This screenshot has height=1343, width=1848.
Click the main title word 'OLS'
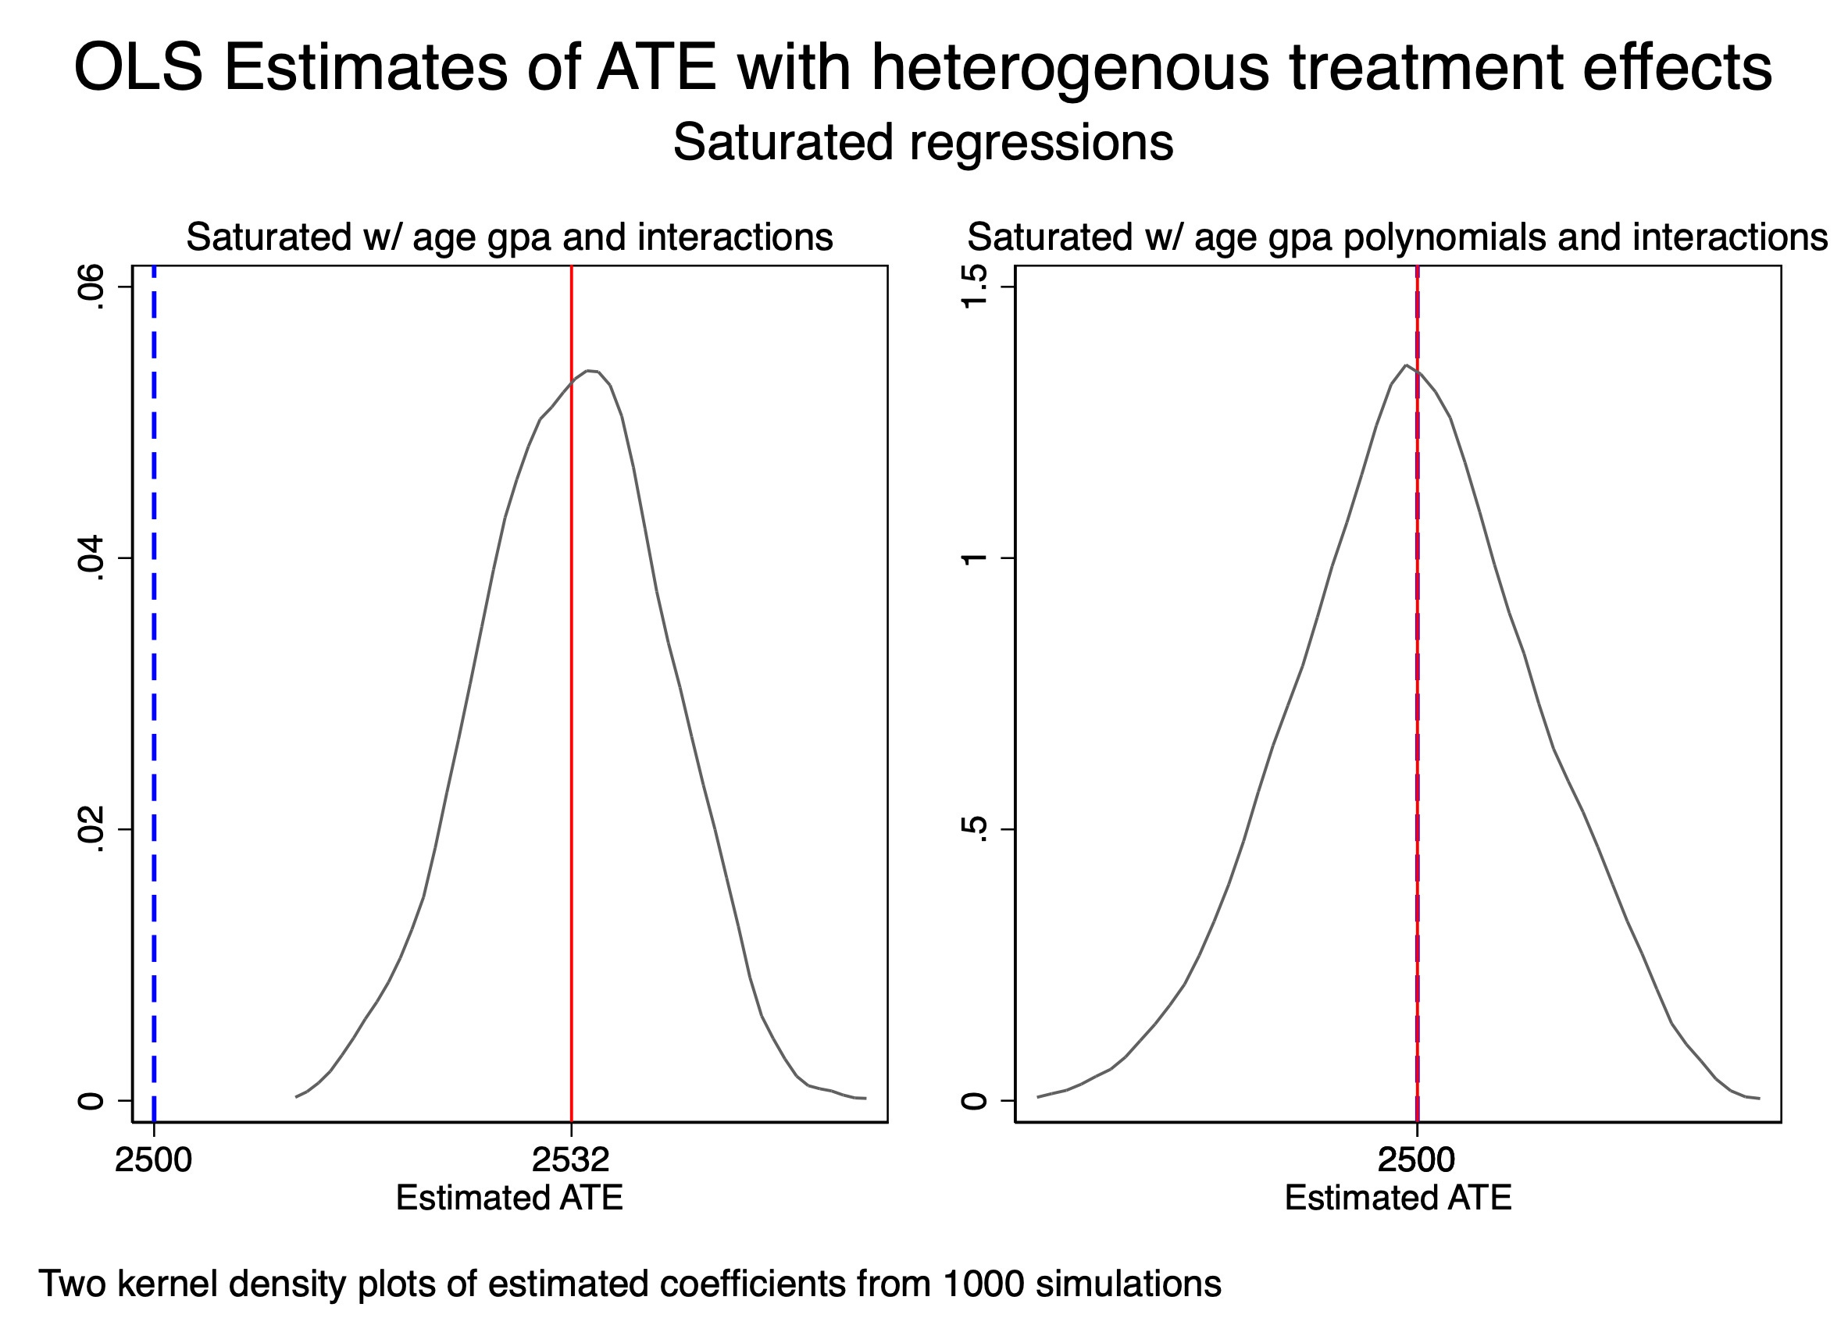[x=137, y=68]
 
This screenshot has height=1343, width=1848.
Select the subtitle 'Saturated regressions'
[x=922, y=143]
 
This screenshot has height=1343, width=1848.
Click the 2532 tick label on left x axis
[x=570, y=1160]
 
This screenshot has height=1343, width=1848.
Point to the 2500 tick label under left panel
[x=153, y=1160]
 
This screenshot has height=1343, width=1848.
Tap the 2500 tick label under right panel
[x=1416, y=1160]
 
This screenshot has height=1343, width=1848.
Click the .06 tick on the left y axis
[x=90, y=287]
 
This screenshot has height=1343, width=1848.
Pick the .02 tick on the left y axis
[x=90, y=829]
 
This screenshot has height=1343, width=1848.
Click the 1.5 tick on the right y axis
[x=975, y=287]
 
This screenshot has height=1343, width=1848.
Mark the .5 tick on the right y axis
[x=975, y=829]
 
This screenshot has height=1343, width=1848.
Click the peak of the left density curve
[x=588, y=371]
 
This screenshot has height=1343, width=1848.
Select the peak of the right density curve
[x=1406, y=365]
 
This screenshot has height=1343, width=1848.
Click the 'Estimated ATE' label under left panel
[x=509, y=1198]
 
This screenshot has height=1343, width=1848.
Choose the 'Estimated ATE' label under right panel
[x=1398, y=1198]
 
